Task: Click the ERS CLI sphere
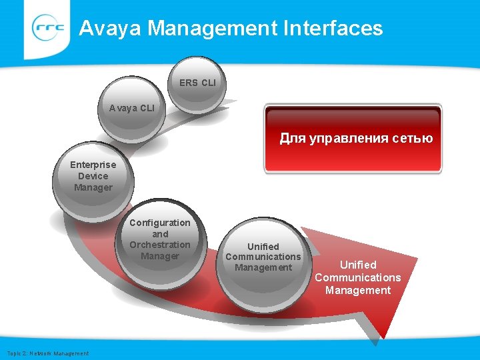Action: (x=197, y=84)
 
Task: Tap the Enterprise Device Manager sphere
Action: (x=93, y=175)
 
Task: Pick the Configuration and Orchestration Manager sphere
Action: (x=160, y=239)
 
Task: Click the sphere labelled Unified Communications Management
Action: (x=263, y=258)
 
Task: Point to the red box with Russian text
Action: (x=353, y=139)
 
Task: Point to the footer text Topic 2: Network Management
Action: (x=47, y=353)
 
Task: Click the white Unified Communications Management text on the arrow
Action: (x=358, y=277)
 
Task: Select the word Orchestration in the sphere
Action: (x=160, y=245)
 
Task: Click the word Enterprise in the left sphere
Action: (x=93, y=165)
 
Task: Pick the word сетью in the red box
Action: (x=413, y=139)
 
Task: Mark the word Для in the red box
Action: (x=291, y=139)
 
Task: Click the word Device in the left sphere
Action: (x=93, y=176)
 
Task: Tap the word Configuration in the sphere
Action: (x=160, y=223)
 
